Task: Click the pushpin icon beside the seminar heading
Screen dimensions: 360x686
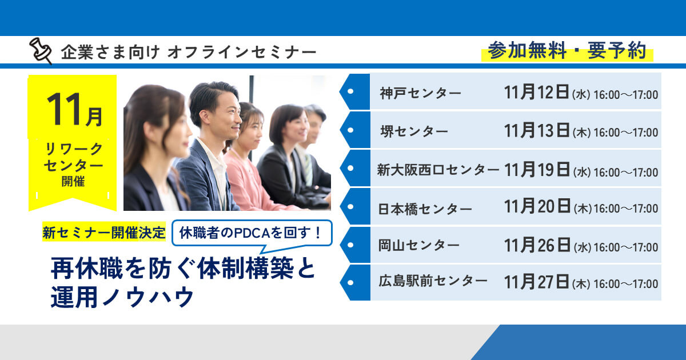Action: tap(41, 51)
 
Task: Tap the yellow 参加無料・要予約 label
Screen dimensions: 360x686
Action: tap(567, 51)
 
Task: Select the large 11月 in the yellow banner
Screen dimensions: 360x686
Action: tap(74, 110)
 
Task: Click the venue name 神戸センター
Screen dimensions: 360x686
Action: tap(420, 93)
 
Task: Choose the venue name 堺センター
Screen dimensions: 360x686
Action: tap(414, 131)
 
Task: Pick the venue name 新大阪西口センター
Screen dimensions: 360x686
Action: tap(438, 170)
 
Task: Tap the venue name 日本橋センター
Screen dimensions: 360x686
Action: tap(425, 209)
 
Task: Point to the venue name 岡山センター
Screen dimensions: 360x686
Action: tap(419, 246)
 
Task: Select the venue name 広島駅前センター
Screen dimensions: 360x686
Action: tap(433, 281)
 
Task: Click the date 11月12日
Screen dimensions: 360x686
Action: tap(537, 93)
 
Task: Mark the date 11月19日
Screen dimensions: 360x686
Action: tap(537, 170)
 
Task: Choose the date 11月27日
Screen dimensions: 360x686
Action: tap(537, 281)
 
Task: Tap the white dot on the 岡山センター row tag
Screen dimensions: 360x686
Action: tap(350, 245)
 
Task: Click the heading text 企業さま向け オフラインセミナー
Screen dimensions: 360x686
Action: tap(189, 53)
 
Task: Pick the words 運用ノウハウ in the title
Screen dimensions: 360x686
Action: tap(122, 298)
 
